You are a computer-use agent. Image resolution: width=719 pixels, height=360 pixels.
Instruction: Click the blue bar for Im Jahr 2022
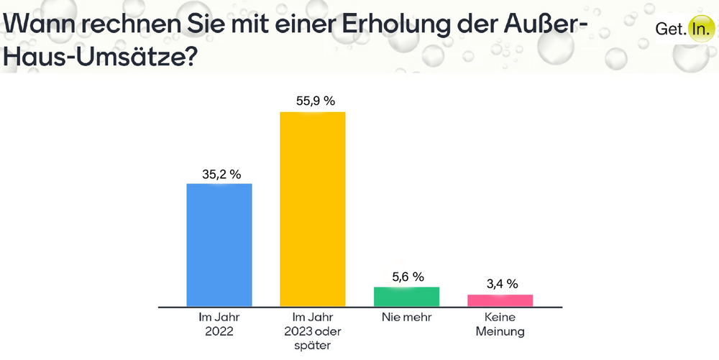coord(219,245)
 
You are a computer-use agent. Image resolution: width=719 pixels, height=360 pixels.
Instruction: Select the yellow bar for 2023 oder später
coord(313,209)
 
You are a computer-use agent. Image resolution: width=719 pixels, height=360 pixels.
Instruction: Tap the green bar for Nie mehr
coord(406,297)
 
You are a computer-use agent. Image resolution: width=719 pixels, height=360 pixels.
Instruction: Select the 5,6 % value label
coord(407,276)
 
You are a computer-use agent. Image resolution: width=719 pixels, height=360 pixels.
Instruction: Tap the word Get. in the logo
coord(669,29)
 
